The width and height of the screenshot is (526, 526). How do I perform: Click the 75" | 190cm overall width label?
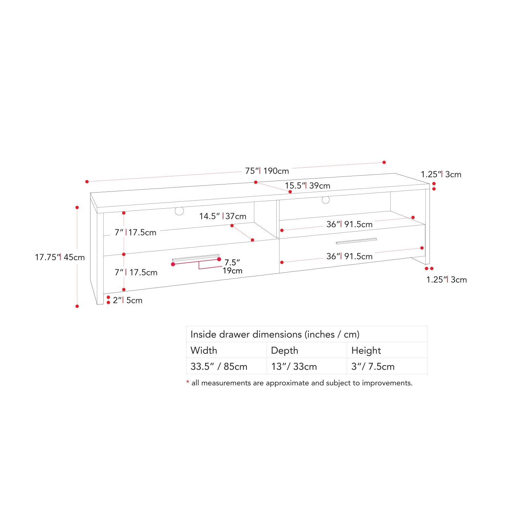[x=267, y=171]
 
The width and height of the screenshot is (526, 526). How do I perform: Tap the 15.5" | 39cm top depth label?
[x=308, y=186]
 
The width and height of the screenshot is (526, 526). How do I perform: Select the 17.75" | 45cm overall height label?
[x=60, y=257]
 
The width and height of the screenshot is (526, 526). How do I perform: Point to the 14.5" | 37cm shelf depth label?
[x=223, y=216]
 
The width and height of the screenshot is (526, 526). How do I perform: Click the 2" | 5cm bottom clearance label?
[x=128, y=300]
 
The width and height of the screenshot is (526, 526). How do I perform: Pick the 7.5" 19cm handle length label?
[x=232, y=267]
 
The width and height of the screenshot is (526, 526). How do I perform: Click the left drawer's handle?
[x=196, y=258]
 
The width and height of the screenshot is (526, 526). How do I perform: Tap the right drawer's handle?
[x=356, y=241]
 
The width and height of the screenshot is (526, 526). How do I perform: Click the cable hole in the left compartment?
[x=179, y=211]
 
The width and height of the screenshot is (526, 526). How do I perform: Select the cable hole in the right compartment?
[x=326, y=200]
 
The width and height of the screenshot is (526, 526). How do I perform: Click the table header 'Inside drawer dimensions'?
[x=275, y=334]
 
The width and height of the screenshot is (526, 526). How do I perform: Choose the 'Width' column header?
[x=204, y=350]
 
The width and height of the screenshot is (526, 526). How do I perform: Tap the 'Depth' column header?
[x=285, y=350]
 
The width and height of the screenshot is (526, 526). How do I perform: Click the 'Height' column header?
[x=366, y=350]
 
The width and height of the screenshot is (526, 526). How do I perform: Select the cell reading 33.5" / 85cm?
[x=219, y=366]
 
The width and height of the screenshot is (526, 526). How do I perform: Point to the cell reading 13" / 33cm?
[x=294, y=366]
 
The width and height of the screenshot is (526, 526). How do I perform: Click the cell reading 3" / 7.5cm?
[x=373, y=366]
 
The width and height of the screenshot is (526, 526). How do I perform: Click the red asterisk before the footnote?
[x=188, y=382]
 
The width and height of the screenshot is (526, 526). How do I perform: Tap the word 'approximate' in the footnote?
[x=287, y=383]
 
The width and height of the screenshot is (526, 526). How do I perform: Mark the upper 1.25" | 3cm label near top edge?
[x=441, y=174]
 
